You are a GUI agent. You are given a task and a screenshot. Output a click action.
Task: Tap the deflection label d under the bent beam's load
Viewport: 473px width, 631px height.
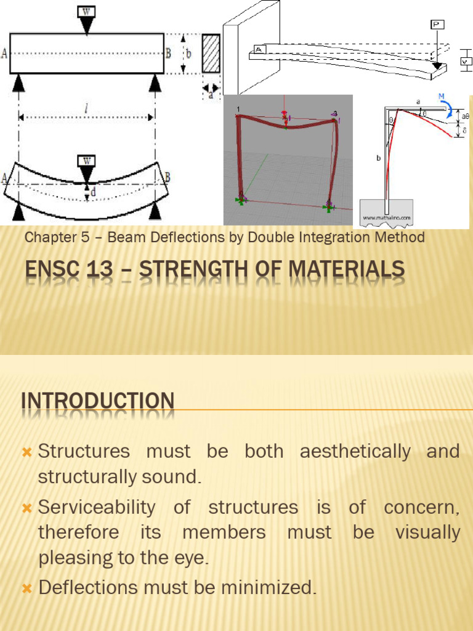(93, 193)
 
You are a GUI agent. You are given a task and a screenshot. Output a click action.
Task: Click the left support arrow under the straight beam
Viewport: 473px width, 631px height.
(18, 83)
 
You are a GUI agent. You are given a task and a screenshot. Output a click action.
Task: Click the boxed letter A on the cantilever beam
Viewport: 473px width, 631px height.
(259, 50)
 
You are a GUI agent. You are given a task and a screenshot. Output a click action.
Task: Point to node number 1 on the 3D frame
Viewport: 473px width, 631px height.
(238, 109)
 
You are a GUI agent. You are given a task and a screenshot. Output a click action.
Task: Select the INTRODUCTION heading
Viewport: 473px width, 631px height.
(98, 401)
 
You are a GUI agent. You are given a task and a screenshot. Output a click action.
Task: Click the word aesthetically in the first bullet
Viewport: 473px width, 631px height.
(355, 451)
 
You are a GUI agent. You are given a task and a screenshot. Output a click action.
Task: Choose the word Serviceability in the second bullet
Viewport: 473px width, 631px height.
(97, 508)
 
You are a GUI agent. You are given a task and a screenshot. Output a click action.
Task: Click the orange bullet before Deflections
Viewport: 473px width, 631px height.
(26, 588)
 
